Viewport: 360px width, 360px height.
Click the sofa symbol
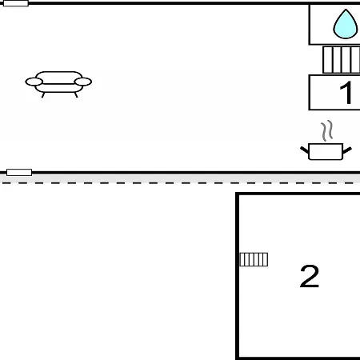(x=58, y=84)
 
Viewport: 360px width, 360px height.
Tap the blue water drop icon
(x=346, y=24)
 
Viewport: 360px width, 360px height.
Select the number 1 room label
(x=346, y=93)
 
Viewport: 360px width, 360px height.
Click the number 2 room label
(x=310, y=276)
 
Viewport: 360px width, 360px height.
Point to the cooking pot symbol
(x=326, y=151)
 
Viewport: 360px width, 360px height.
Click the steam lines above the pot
(x=327, y=130)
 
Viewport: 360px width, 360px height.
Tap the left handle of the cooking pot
(x=305, y=150)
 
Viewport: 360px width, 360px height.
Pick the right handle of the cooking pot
(x=347, y=150)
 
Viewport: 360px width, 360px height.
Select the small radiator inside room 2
(x=254, y=259)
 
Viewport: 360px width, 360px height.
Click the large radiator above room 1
(x=342, y=60)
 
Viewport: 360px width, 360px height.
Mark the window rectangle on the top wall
(x=16, y=3)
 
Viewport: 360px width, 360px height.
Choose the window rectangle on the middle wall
(x=19, y=172)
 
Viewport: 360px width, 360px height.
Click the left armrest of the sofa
(x=34, y=82)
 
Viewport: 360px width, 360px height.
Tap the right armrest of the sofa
(x=83, y=82)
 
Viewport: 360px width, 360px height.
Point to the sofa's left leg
(x=43, y=95)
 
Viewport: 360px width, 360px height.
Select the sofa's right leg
(x=76, y=95)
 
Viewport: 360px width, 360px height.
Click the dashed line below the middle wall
(x=180, y=183)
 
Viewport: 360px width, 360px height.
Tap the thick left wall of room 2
(x=237, y=276)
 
